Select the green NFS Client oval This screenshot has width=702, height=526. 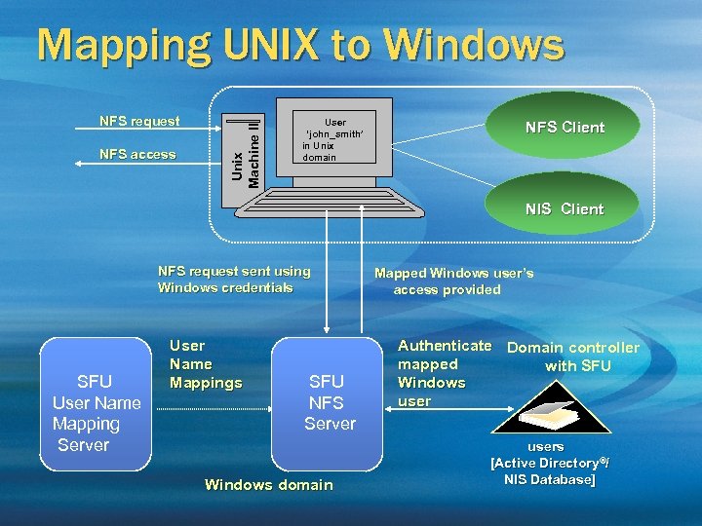click(565, 127)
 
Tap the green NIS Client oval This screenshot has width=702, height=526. click(565, 208)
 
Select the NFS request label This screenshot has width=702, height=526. click(139, 122)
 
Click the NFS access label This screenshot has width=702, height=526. click(137, 154)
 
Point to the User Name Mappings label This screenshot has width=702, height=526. click(205, 364)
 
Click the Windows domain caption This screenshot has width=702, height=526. click(268, 485)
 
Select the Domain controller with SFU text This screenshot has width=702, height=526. click(573, 357)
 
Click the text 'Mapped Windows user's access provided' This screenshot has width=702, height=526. click(453, 282)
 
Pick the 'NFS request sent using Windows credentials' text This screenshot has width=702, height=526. click(234, 280)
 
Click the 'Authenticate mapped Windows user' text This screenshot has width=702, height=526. click(443, 373)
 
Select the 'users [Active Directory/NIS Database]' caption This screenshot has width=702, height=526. click(547, 464)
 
